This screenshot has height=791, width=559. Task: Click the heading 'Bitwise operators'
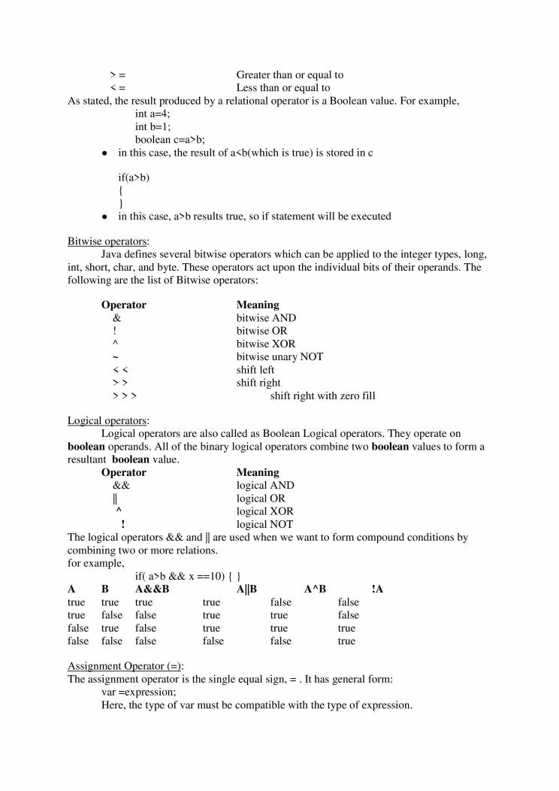coord(107,241)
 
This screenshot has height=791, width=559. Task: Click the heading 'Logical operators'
coord(107,420)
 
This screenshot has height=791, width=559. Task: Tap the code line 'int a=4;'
coord(153,114)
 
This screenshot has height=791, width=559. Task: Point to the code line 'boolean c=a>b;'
coord(170,139)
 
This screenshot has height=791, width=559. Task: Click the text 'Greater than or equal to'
coord(290,75)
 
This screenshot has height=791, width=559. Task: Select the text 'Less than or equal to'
coord(283,88)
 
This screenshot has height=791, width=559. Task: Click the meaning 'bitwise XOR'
coord(266,344)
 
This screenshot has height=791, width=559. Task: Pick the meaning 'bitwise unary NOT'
coord(279,356)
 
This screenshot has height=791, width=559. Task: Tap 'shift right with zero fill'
coord(322,395)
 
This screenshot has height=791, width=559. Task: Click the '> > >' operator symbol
coord(125,395)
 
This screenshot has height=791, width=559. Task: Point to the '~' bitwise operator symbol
coord(116,357)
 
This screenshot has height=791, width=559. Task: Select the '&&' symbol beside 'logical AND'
coord(121,486)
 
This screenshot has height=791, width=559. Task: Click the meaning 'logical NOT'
coord(264,524)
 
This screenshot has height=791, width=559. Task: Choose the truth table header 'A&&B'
coord(152,589)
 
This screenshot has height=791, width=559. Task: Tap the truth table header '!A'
coord(377,589)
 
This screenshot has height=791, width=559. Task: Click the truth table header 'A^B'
coord(315,589)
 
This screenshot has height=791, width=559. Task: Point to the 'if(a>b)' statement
coord(134,177)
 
